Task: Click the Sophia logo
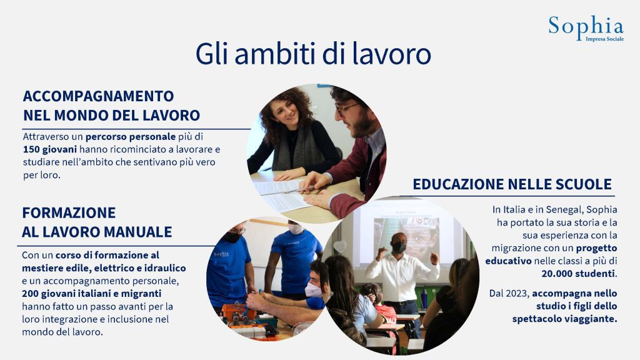point(586,27)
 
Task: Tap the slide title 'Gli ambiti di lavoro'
point(313,54)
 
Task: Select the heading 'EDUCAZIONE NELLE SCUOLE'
point(512,184)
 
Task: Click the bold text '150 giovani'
point(50,149)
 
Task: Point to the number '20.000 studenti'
point(578,274)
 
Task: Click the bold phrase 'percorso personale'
point(131,136)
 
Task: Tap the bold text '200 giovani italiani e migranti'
point(91,294)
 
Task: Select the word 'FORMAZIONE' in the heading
point(69,212)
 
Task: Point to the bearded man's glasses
point(346,109)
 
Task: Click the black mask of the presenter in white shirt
point(399,247)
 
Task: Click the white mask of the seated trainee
point(313,290)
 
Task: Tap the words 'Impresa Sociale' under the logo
point(604,39)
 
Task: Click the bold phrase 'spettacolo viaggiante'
point(564,319)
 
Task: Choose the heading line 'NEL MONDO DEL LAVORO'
point(111,116)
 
